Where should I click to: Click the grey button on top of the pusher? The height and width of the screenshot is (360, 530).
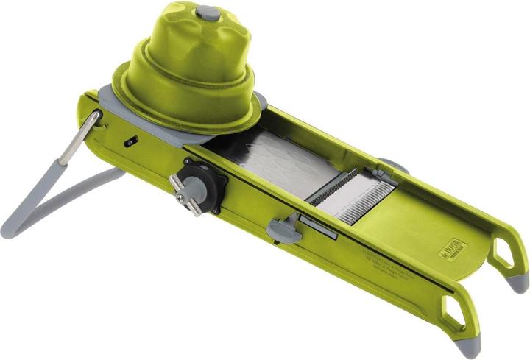point(208,13)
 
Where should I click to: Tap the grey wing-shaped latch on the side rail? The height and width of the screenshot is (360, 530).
point(282,230)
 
